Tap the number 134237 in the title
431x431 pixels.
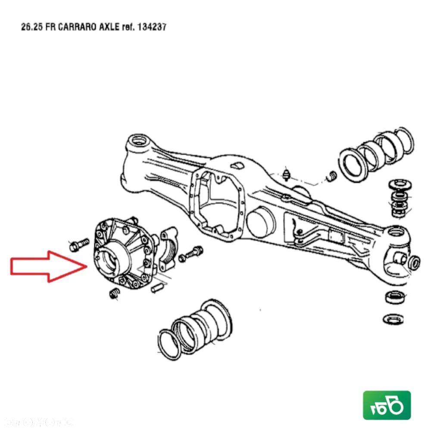[x=151, y=27]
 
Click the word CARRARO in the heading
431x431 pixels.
[x=72, y=27]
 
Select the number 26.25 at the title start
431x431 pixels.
[x=30, y=27]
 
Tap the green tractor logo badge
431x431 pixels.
[x=387, y=405]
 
